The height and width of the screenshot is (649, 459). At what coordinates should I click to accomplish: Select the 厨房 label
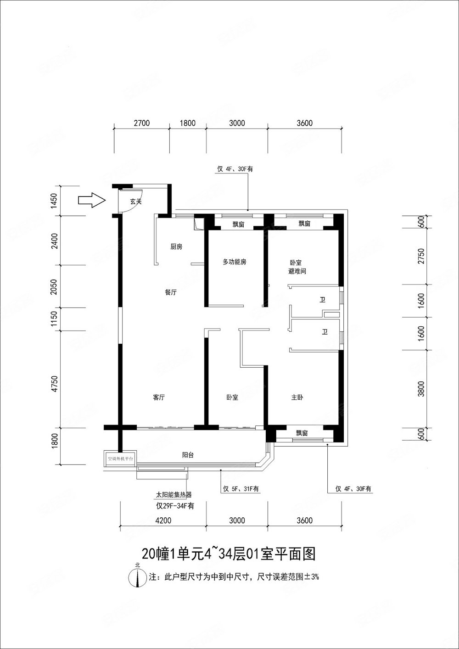pos(176,247)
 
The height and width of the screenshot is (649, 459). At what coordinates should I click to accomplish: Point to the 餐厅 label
pos(171,292)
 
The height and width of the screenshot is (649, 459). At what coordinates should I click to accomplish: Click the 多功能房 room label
pos(235,262)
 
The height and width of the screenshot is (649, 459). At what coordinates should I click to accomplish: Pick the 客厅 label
pos(159,398)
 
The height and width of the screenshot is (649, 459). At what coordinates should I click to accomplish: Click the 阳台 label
pos(187,455)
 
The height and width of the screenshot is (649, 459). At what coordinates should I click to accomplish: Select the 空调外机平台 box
pos(119,459)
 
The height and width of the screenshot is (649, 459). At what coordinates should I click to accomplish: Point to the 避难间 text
pos(297,272)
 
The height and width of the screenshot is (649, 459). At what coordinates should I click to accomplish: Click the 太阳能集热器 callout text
pos(174,495)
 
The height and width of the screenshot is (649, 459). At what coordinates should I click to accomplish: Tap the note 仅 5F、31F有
pos(241,489)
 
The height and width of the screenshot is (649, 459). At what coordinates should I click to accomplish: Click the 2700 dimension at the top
pos(141,123)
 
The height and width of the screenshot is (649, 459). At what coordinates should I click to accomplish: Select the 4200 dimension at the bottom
pos(163,520)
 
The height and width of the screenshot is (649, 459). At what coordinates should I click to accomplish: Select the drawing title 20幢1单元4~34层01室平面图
pos(228,554)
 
